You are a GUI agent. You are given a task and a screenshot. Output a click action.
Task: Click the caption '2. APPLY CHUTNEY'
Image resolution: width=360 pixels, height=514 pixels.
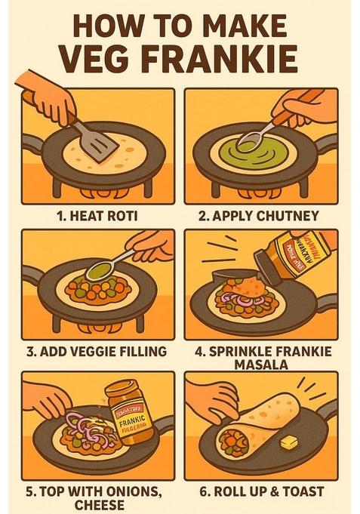258,216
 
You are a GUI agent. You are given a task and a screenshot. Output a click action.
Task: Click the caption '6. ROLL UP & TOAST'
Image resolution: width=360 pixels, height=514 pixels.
258,491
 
